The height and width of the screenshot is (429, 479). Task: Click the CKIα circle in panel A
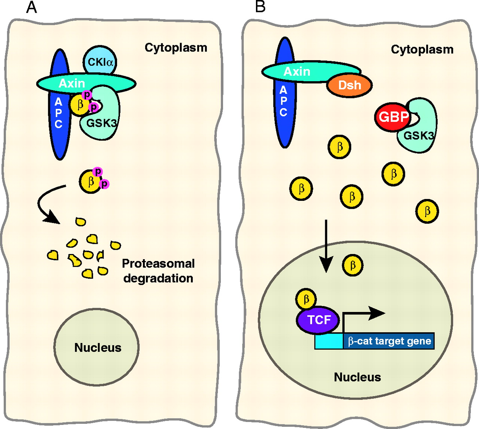click(x=100, y=61)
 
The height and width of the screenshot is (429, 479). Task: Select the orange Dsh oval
click(x=350, y=85)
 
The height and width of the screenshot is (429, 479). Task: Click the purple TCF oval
click(x=319, y=320)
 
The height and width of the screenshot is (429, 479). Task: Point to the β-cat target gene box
click(x=389, y=341)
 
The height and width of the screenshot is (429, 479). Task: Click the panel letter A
click(x=31, y=7)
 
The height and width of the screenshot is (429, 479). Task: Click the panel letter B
click(x=260, y=7)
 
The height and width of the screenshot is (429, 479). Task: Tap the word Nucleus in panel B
click(x=357, y=377)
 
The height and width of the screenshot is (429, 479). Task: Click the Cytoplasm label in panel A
click(x=176, y=48)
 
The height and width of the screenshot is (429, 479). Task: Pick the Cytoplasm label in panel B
click(x=422, y=49)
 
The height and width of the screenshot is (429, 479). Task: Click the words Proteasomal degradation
click(x=158, y=271)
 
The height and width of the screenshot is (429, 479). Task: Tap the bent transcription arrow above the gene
click(x=359, y=315)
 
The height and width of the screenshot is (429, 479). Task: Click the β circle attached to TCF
click(x=306, y=299)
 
